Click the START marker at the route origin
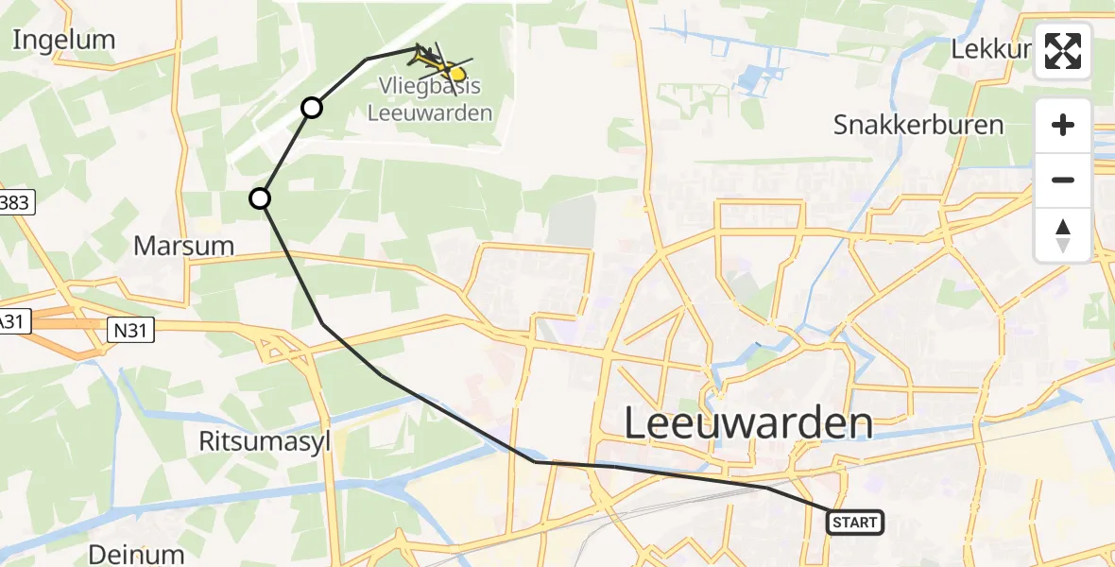click(x=855, y=522)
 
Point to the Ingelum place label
click(x=64, y=40)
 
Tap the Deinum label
click(x=136, y=554)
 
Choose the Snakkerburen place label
click(x=918, y=125)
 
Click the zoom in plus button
click(x=1063, y=125)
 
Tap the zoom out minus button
click(x=1063, y=180)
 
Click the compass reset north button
click(x=1063, y=235)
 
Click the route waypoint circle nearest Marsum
click(x=260, y=198)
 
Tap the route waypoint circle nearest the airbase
click(x=311, y=108)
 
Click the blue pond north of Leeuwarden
click(x=757, y=78)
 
